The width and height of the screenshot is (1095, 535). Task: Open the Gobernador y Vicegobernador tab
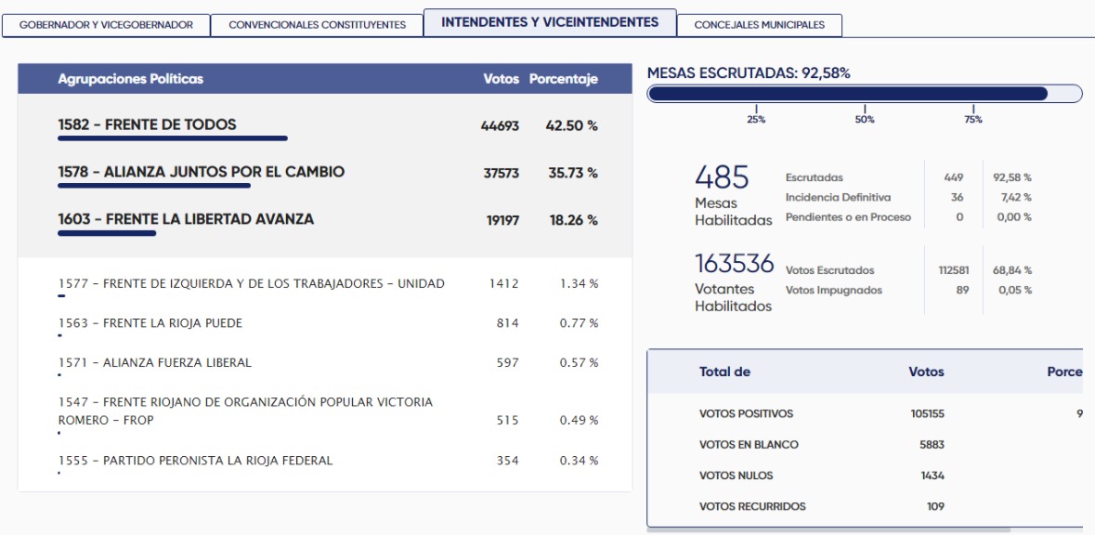point(107,25)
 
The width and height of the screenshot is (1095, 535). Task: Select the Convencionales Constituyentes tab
point(317,25)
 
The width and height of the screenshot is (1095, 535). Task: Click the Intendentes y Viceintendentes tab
point(550,22)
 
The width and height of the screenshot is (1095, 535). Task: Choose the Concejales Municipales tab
point(759,25)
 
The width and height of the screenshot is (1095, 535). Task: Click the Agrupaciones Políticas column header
point(130,79)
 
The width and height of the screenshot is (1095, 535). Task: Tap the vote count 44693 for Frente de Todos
point(500,125)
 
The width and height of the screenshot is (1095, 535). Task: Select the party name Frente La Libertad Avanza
point(186,219)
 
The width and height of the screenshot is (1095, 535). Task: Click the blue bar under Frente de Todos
point(173,138)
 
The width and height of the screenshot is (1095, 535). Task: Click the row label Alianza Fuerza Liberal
point(154,362)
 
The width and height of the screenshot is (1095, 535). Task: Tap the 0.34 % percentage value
point(579,461)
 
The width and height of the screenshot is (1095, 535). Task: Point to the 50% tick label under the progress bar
point(865,120)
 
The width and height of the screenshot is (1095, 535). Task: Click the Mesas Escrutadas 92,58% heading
point(749,72)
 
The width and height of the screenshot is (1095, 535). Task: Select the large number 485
point(722,176)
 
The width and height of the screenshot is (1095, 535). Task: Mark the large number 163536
point(735,264)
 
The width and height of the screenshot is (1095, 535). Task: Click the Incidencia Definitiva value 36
point(957,197)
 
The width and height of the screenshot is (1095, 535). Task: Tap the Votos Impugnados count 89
point(961,290)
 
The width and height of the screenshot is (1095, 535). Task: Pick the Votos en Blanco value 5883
point(932,445)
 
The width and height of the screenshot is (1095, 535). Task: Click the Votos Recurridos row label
point(752,506)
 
